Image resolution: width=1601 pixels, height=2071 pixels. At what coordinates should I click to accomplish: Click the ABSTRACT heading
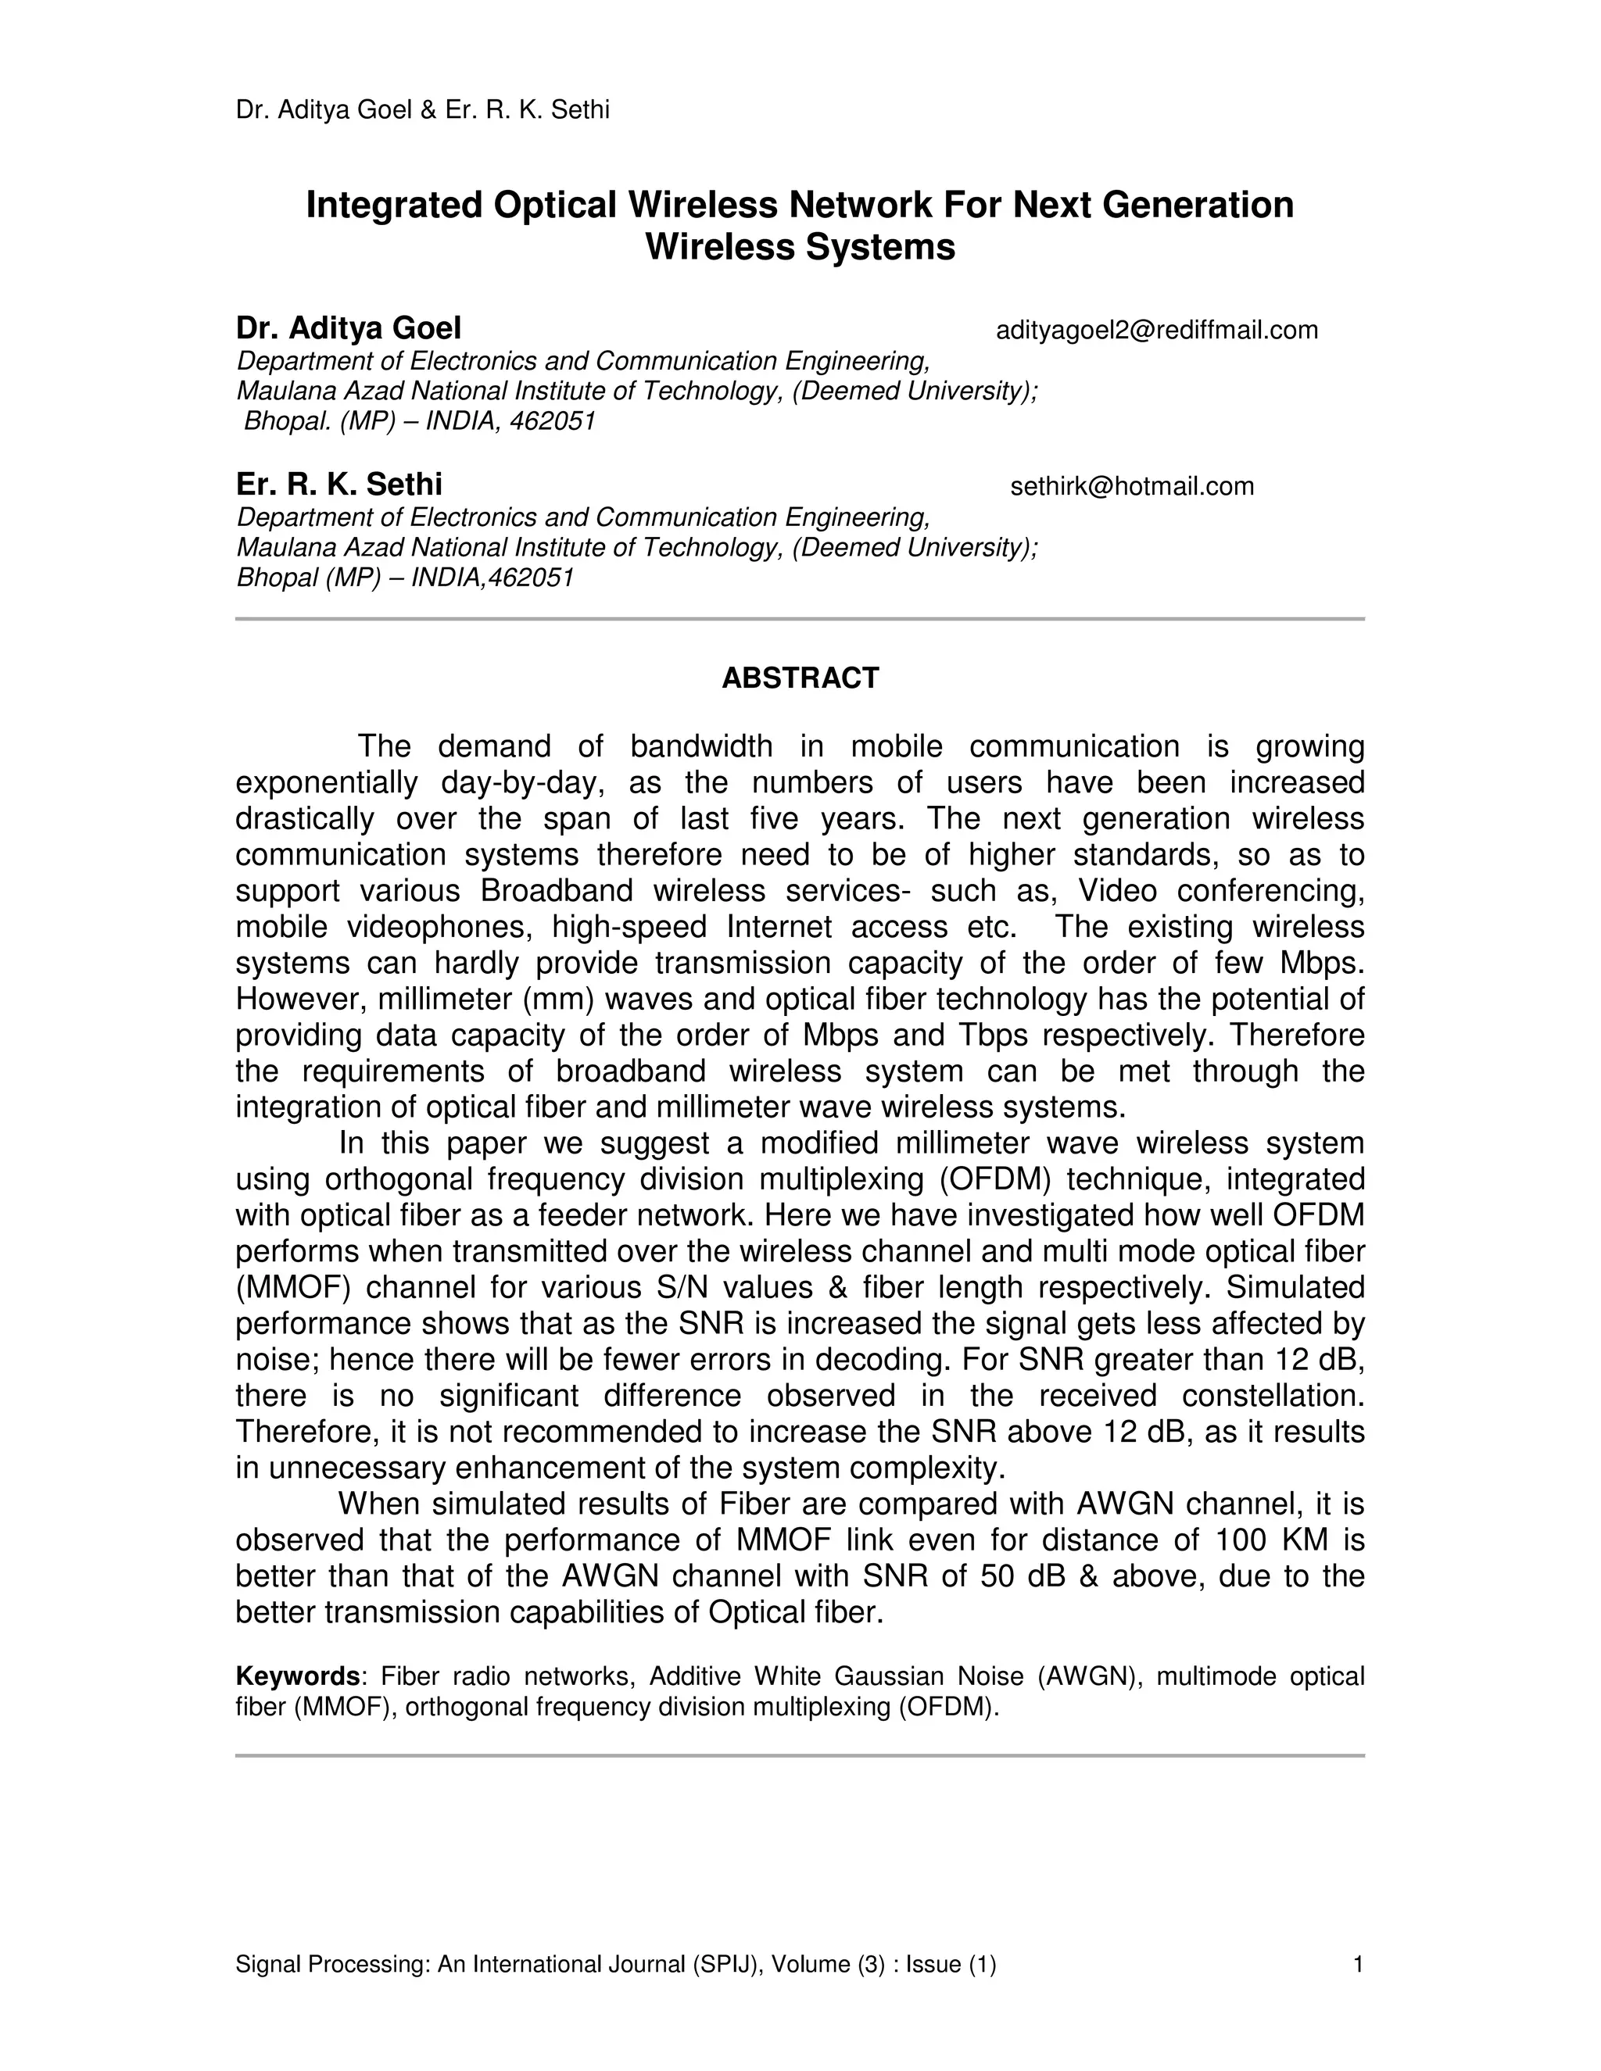[x=800, y=678]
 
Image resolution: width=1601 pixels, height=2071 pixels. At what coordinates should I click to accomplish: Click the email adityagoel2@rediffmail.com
[x=1156, y=330]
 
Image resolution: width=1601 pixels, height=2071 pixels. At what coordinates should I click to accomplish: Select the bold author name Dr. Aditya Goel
[x=348, y=328]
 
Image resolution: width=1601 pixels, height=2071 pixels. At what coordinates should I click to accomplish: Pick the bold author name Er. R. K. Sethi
[x=338, y=485]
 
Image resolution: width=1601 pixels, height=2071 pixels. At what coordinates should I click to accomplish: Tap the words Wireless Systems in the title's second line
[x=800, y=248]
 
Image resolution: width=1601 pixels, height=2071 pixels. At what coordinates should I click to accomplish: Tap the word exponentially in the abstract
[x=326, y=783]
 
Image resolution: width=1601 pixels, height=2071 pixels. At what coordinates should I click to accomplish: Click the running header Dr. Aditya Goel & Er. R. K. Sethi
[x=422, y=110]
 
